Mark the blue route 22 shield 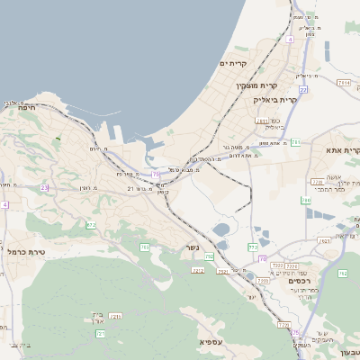click(303, 90)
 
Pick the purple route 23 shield click(44, 188)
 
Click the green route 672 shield click(90, 225)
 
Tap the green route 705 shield click(144, 247)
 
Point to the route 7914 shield click(343, 83)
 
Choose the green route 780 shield click(305, 201)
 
